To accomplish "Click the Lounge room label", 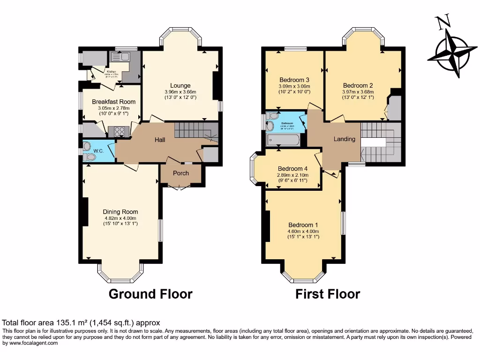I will point(180,85).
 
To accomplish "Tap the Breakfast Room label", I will point(113,102).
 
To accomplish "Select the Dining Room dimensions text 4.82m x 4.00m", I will point(120,218).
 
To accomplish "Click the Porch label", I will point(181,173).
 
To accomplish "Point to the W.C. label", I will point(98,151).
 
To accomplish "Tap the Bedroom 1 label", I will point(303,224).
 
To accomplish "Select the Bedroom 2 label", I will point(358,85).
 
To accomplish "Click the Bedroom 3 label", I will point(294,79).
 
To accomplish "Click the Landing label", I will point(345,139).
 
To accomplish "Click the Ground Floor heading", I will point(150,294).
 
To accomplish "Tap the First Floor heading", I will point(328,294).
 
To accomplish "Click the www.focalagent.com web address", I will point(30,343).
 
